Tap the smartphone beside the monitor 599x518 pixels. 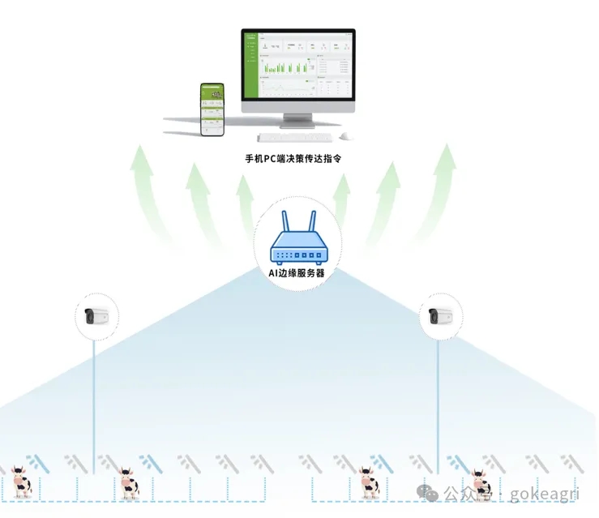click(212, 109)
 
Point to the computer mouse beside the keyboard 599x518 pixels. click(347, 137)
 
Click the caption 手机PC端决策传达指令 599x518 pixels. click(293, 159)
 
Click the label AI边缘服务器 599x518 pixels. click(297, 273)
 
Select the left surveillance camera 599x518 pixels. click(96, 315)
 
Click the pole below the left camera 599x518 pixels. click(94, 405)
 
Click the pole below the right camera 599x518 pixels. click(439, 405)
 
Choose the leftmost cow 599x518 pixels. click(19, 483)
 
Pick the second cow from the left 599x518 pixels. click(127, 483)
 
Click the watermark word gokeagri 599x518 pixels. click(550, 493)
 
